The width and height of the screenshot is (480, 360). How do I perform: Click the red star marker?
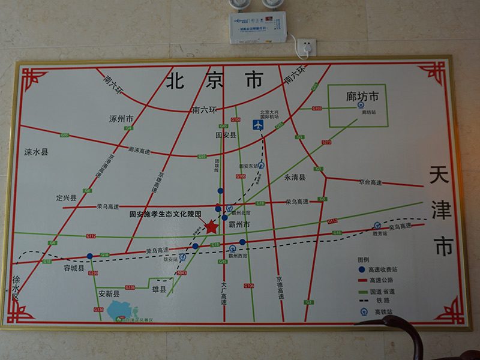[x=211, y=227]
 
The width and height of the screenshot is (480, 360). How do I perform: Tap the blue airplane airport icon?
[x=258, y=125]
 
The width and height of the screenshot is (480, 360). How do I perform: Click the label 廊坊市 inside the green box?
[x=358, y=95]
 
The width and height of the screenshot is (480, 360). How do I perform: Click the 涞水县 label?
[x=36, y=152]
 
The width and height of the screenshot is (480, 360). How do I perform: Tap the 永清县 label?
[x=295, y=178]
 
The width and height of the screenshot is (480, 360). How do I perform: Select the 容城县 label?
[x=74, y=269]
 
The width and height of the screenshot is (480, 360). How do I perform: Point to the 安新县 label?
[x=109, y=295]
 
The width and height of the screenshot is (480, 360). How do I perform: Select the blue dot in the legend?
[x=362, y=269]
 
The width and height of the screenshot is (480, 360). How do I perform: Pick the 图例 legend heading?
[x=364, y=260]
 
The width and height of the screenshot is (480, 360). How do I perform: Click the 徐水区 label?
[x=16, y=289]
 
